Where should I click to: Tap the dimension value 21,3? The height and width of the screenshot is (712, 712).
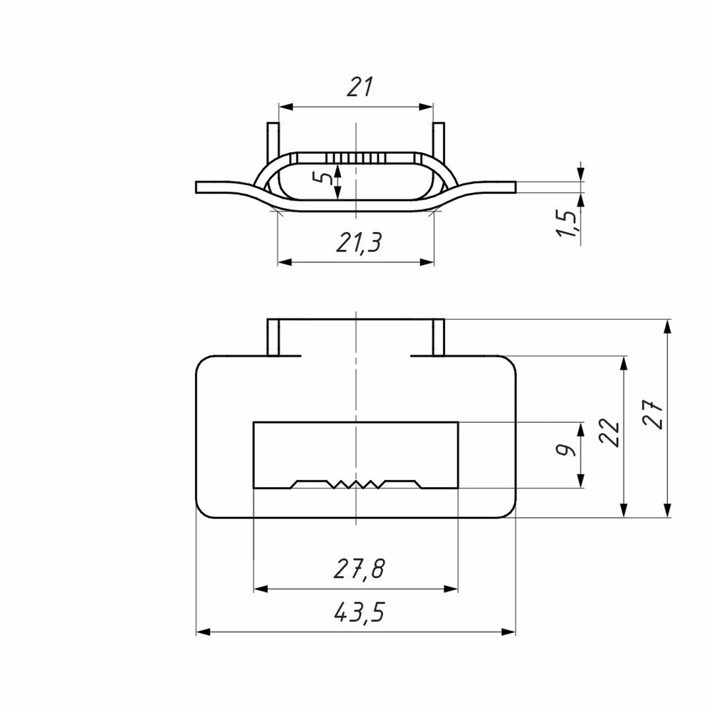[x=359, y=242]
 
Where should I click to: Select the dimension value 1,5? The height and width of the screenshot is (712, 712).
[x=567, y=224]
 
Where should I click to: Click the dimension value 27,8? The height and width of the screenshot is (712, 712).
[x=359, y=569]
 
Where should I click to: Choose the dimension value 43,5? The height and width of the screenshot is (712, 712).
[x=359, y=612]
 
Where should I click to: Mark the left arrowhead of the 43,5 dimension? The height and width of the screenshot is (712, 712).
[x=203, y=632]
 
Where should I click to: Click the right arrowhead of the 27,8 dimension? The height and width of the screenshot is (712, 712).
[x=451, y=589]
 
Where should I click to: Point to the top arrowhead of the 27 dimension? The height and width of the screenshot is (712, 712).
[x=667, y=327]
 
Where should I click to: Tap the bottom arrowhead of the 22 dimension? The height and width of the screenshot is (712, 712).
[x=624, y=510]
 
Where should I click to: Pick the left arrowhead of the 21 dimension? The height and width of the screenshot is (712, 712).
[x=286, y=107]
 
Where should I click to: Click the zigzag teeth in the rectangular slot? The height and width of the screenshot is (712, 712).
[x=355, y=484]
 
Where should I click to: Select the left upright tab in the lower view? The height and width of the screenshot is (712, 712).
[x=273, y=337]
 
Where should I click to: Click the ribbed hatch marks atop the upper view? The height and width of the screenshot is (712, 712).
[x=356, y=157]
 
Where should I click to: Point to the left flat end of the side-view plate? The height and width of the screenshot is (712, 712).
[x=197, y=187]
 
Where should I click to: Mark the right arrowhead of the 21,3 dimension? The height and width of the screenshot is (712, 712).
[x=426, y=262]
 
